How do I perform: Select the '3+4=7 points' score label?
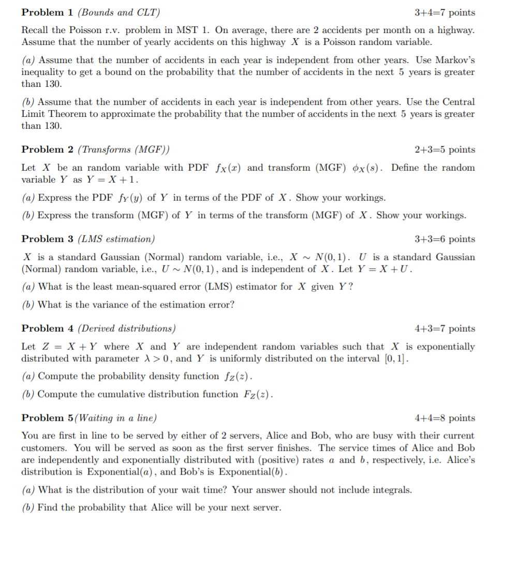click(x=445, y=12)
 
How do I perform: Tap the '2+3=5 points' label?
click(x=445, y=150)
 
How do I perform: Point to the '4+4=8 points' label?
click(x=445, y=418)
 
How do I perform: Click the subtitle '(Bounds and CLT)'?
click(x=119, y=12)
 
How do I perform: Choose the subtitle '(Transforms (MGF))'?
click(x=123, y=150)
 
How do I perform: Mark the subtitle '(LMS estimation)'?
click(x=115, y=239)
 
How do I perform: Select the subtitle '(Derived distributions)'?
click(x=126, y=329)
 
